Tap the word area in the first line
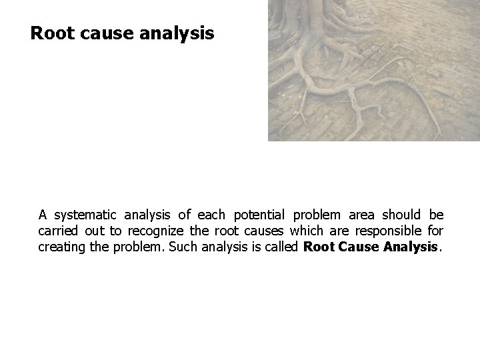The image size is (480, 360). click(364, 215)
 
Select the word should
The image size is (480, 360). click(402, 215)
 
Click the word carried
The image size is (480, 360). click(59, 231)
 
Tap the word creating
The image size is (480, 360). click(61, 247)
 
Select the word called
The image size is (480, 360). click(283, 247)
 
